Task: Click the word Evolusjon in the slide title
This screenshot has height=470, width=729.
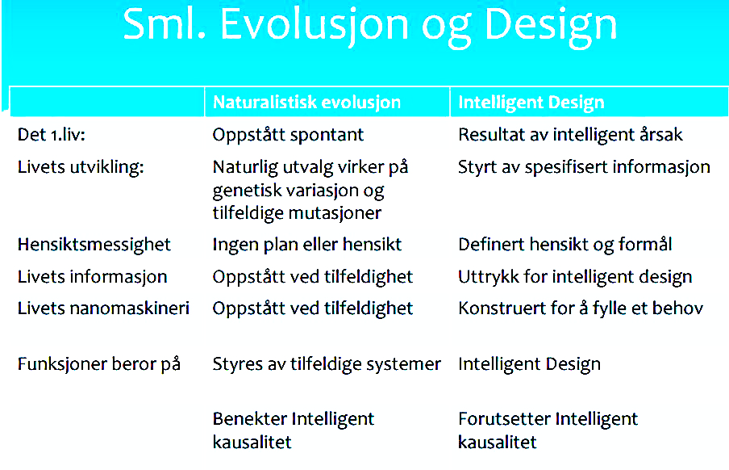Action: pos(315,25)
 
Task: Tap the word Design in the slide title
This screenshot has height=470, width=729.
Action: pos(551,27)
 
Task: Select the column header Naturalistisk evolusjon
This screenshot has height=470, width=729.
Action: pos(306,102)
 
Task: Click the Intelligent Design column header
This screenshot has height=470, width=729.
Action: pos(531,103)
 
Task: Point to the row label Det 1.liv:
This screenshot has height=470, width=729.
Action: pos(52,135)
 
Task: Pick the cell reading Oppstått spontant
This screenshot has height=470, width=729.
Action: pos(288,135)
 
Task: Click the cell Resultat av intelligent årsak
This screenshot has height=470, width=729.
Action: pos(570,135)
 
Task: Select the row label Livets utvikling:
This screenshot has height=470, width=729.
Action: pos(81,166)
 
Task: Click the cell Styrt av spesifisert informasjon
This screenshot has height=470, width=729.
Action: pos(584,167)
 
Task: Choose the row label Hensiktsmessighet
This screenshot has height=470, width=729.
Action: pos(94,245)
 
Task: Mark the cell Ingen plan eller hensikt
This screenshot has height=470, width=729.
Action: pos(307,245)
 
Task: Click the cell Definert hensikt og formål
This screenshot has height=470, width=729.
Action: pos(564,245)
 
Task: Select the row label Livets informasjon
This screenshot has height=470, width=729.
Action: pos(92,277)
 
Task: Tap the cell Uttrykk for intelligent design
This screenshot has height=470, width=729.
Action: pos(575,277)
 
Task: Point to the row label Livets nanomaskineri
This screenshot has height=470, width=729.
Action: pos(103,308)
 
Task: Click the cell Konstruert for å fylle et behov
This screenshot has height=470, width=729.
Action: pos(581,308)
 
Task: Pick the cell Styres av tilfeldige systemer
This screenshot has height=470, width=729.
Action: pos(327,364)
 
